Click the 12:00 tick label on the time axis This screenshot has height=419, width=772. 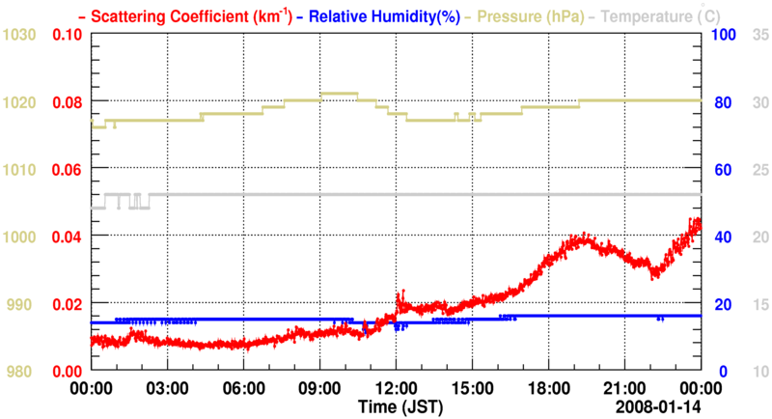coord(396,388)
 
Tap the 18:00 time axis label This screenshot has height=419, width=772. coord(548,388)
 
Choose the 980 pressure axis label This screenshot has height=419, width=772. coord(23,372)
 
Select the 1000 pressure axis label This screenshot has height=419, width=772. coord(19,237)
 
